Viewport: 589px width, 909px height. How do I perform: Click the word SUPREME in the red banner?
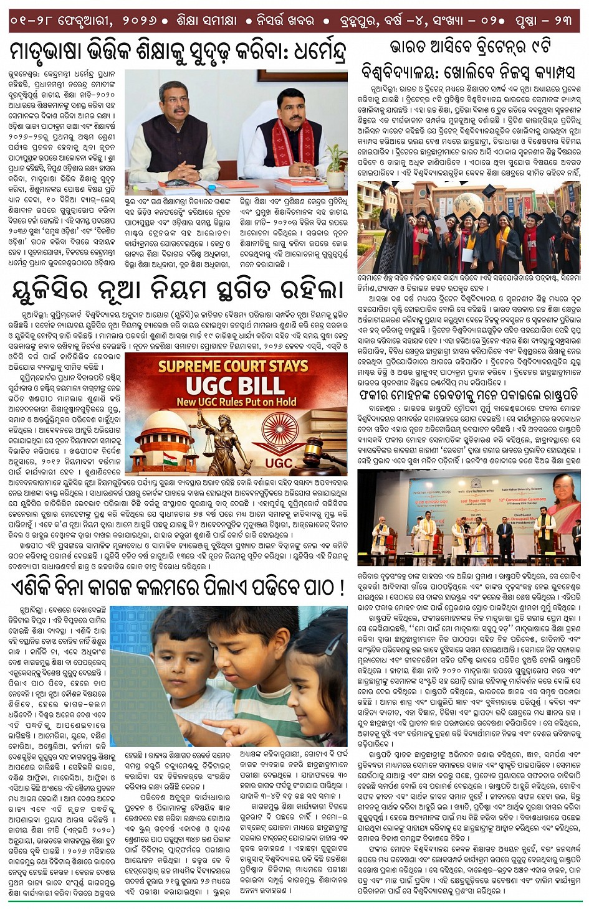pos(191,366)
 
